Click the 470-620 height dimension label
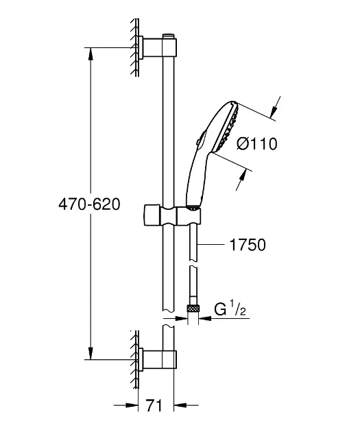(89, 204)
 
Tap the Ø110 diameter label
(256, 144)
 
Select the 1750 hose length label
(248, 245)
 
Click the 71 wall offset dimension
(154, 405)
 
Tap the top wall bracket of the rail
(157, 47)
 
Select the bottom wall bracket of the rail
(157, 359)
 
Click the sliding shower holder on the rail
(172, 215)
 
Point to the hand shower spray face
(228, 128)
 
